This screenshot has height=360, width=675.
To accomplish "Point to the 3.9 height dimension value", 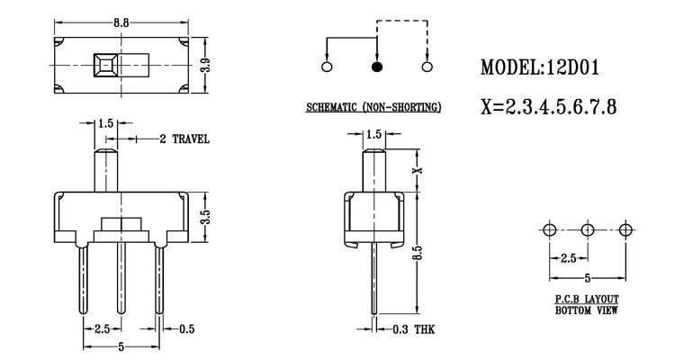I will click(207, 66).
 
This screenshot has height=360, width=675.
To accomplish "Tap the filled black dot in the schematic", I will click(375, 67).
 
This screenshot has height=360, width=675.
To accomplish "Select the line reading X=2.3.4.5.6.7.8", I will click(549, 108).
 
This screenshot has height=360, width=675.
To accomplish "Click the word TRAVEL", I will click(191, 139).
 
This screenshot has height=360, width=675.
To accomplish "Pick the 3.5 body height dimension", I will click(206, 217).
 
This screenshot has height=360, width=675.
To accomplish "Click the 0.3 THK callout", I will click(414, 330).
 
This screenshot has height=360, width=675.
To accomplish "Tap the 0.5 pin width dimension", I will click(188, 328).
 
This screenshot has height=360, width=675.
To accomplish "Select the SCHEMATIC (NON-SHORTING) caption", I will click(373, 108).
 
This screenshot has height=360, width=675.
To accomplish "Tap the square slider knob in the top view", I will click(105, 67).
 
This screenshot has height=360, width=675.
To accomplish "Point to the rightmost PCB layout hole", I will click(626, 230).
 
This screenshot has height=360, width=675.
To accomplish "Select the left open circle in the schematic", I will click(326, 67).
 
